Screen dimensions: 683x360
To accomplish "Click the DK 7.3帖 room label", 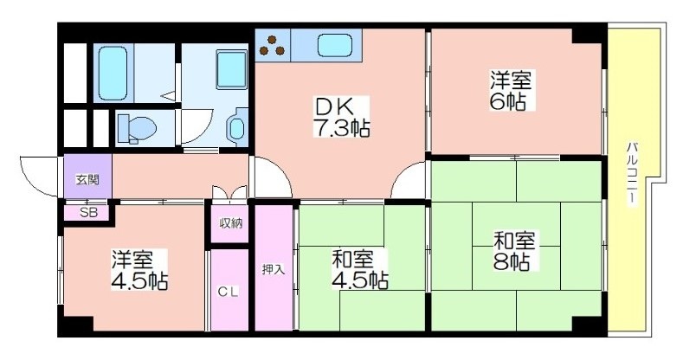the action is pyautogui.click(x=341, y=117).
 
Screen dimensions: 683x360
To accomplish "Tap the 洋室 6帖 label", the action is pyautogui.click(x=511, y=90).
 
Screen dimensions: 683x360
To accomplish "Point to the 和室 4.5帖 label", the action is pyautogui.click(x=360, y=270).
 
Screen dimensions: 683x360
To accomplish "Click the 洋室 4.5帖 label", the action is pyautogui.click(x=139, y=270).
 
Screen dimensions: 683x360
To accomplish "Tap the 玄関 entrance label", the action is pyautogui.click(x=87, y=179).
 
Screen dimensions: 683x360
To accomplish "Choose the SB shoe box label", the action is pyautogui.click(x=88, y=213).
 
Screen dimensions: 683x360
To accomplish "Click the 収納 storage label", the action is pyautogui.click(x=230, y=224).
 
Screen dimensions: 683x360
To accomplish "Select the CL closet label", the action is pyautogui.click(x=229, y=292).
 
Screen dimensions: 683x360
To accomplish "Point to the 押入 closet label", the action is pyautogui.click(x=274, y=269).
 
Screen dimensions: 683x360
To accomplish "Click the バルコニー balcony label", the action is pyautogui.click(x=631, y=173).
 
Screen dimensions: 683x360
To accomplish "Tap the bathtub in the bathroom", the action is pyautogui.click(x=113, y=73).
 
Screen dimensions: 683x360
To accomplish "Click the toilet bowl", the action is pyautogui.click(x=138, y=129).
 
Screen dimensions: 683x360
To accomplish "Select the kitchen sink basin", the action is pyautogui.click(x=334, y=45).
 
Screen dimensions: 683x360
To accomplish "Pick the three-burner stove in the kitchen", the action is pyautogui.click(x=273, y=45).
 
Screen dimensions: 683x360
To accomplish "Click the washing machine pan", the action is pyautogui.click(x=232, y=68).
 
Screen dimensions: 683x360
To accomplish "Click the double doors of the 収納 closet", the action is pyautogui.click(x=229, y=192).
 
